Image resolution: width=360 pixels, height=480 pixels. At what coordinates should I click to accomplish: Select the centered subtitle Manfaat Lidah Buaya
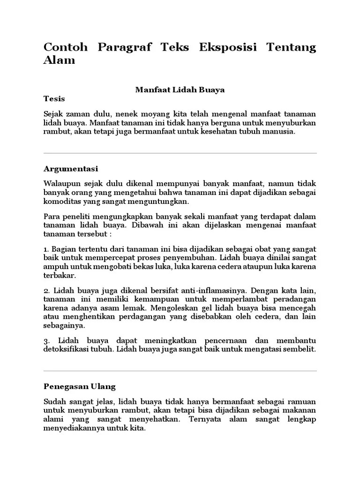(x=180, y=90)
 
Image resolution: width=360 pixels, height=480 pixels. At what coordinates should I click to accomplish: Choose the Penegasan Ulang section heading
(x=79, y=387)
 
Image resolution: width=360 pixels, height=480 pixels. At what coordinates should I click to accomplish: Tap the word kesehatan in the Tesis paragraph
(x=216, y=132)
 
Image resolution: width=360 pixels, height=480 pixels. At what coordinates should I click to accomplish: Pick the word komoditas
(x=61, y=201)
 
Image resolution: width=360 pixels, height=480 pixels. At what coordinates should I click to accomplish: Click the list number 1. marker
(x=46, y=249)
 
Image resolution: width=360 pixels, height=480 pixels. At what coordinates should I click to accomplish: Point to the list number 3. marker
(x=46, y=340)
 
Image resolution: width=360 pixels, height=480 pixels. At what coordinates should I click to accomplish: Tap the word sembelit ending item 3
(x=300, y=349)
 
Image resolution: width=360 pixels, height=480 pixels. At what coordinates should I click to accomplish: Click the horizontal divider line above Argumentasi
(x=180, y=153)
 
